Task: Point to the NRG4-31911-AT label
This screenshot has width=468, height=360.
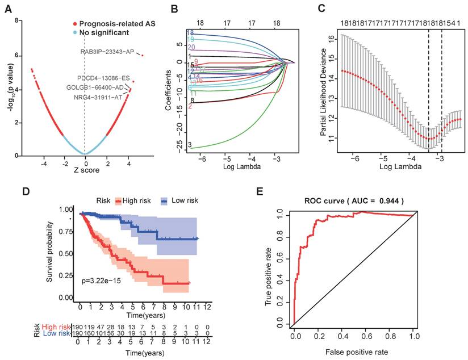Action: (98, 98)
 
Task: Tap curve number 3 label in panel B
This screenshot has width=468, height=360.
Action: (189, 145)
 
